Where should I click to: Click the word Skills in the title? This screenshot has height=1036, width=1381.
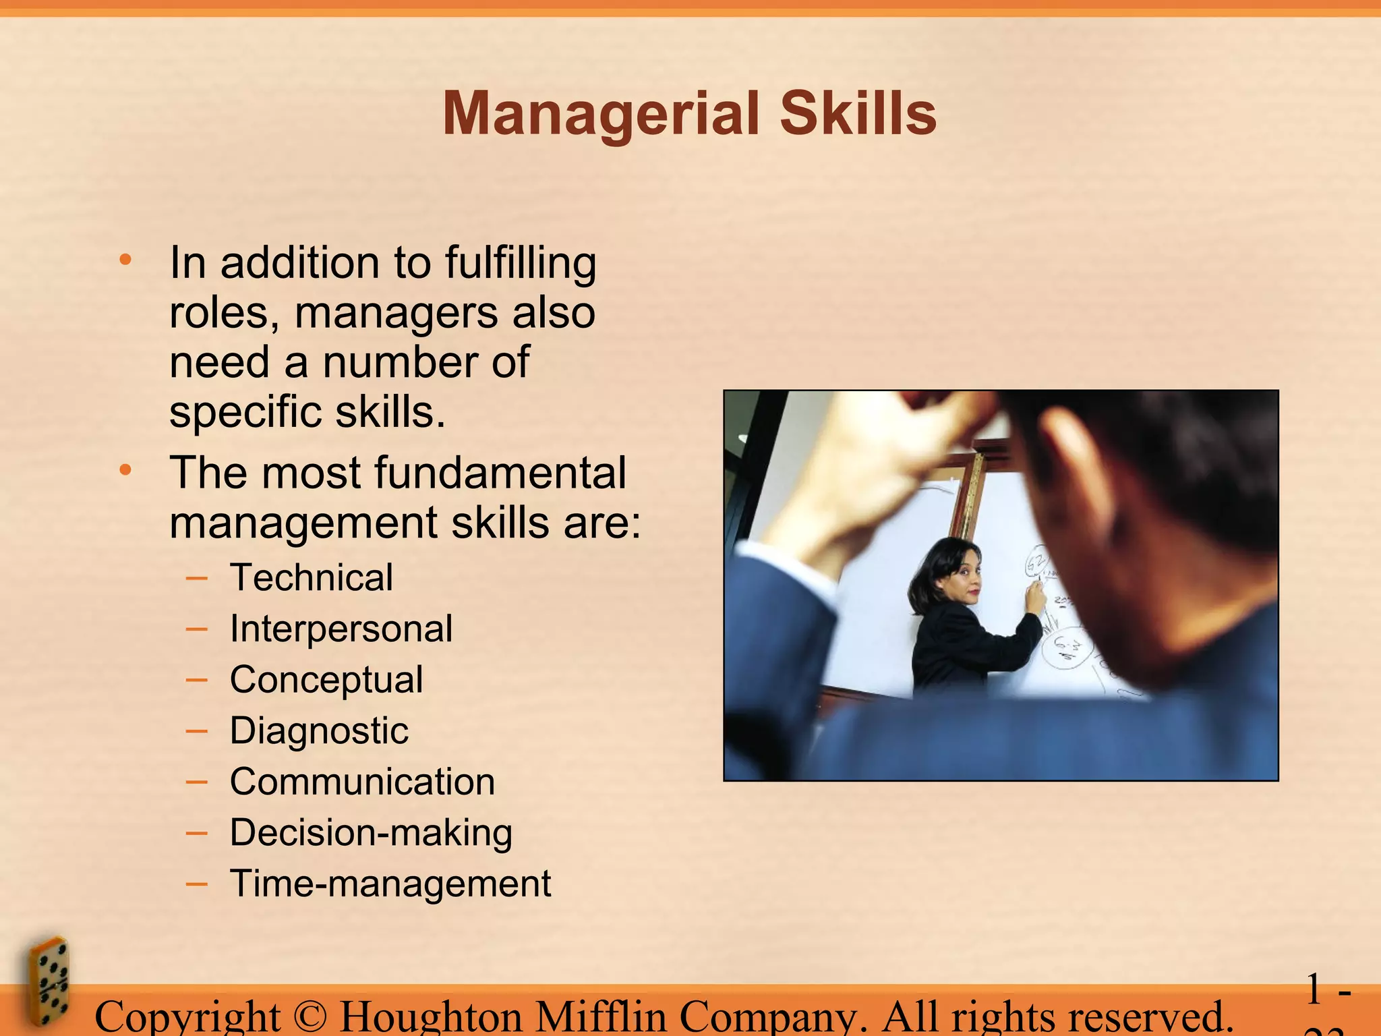point(858,113)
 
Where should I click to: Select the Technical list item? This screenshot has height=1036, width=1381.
point(311,577)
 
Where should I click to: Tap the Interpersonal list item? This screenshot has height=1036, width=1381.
point(341,629)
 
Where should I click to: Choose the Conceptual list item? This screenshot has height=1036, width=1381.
point(326,679)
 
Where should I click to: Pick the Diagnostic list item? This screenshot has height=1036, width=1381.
point(319,730)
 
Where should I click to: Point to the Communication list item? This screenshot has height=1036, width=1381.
point(362,782)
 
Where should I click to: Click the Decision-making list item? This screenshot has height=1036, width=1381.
point(371,832)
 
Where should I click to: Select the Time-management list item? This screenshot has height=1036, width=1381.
point(390,884)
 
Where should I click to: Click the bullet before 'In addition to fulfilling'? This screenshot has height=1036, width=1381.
point(125,260)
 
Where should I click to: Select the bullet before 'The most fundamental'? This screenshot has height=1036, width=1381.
point(125,470)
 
